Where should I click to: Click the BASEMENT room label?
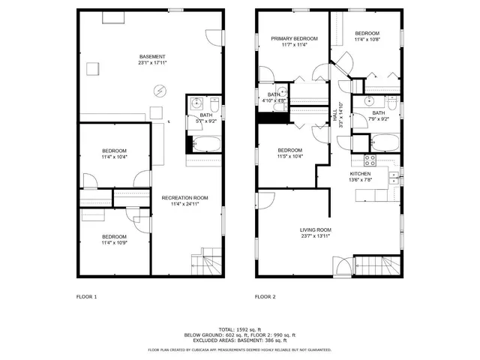[151, 57]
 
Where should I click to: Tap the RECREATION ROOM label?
[184, 198]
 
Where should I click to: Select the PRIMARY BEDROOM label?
[294, 39]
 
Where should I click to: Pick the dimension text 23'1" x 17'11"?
[151, 64]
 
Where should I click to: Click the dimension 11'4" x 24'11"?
[184, 204]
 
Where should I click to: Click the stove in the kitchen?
[370, 159]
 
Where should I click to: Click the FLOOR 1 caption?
[87, 297]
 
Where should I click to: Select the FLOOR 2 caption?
[265, 297]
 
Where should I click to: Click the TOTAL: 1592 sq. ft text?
[240, 328]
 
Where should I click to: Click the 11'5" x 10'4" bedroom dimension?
[289, 156]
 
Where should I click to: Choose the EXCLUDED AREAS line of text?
[240, 340]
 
